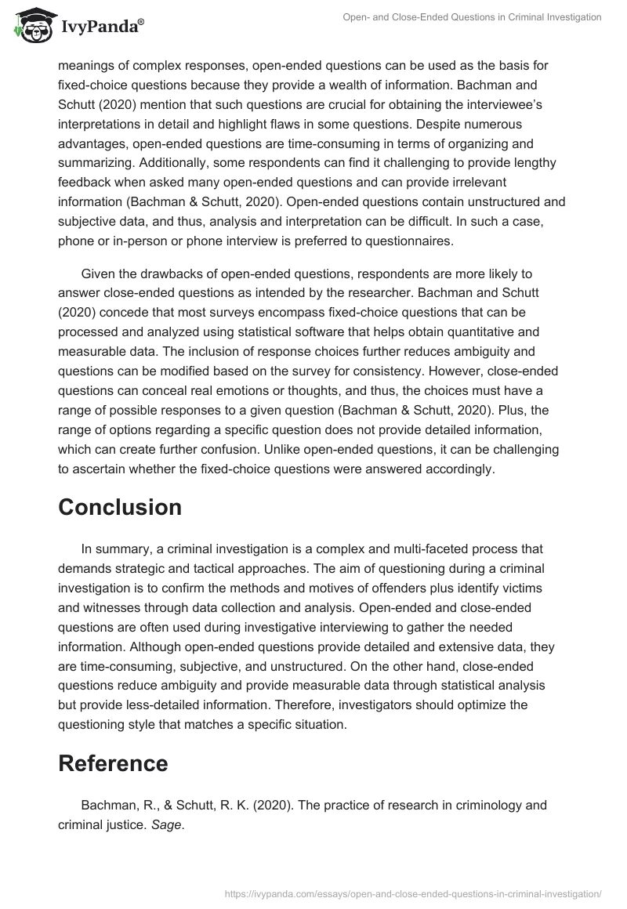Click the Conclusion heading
[120, 507]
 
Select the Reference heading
[113, 763]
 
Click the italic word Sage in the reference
[169, 825]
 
